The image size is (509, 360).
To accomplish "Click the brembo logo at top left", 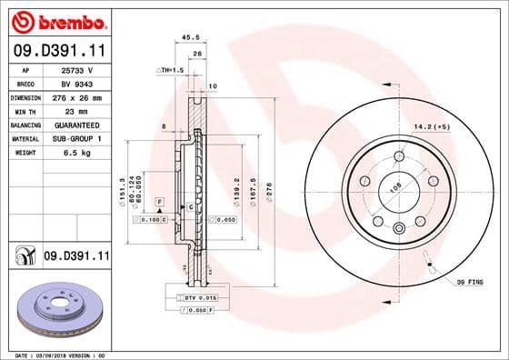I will [56, 20].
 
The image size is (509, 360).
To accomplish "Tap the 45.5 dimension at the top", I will [191, 38].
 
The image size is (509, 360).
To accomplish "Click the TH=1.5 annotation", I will [170, 69].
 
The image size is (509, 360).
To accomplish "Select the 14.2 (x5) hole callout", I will [433, 127].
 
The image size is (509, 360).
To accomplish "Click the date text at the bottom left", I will [55, 354].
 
